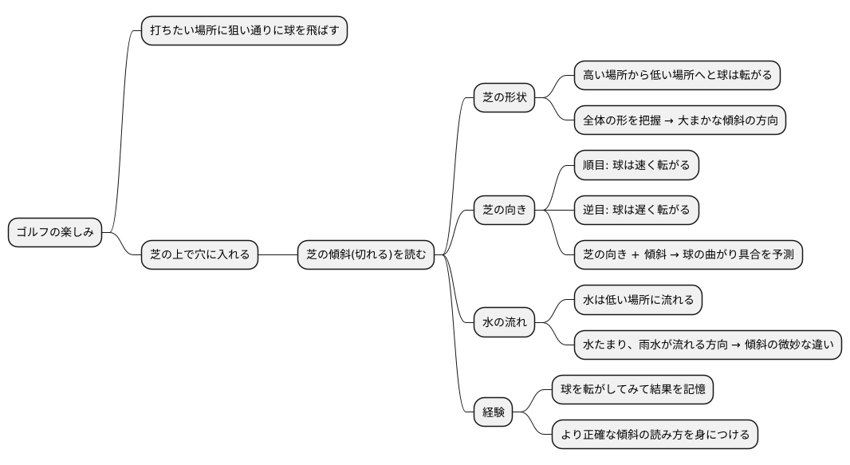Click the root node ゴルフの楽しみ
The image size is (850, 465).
coord(55,233)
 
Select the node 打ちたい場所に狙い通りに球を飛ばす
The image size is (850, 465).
coord(244,31)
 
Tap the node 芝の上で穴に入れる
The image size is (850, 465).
coord(199,255)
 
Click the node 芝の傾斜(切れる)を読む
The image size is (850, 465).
coord(366,255)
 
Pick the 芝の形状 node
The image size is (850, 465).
coord(504,98)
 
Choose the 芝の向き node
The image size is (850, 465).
coord(504,211)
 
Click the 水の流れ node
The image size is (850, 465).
coord(504,323)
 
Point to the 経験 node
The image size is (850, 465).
coord(493,412)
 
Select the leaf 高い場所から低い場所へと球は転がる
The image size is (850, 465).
coord(677,76)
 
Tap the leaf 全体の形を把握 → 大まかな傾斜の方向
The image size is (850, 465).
coord(680,120)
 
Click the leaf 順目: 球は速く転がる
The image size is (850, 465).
coord(636,165)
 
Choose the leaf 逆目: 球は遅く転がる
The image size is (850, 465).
coord(636,211)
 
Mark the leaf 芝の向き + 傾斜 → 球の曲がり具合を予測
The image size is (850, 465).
coord(688,255)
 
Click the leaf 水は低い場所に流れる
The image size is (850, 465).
coord(638,300)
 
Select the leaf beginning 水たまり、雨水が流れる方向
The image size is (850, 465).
coord(707,345)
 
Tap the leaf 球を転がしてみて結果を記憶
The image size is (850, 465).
coord(632,390)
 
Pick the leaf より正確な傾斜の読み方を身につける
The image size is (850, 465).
coord(655,435)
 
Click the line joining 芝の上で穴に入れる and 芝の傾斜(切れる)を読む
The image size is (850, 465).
coord(277,255)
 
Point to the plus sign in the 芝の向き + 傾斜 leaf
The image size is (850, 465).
coord(635,255)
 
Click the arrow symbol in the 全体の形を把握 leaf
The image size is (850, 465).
coord(667,121)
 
